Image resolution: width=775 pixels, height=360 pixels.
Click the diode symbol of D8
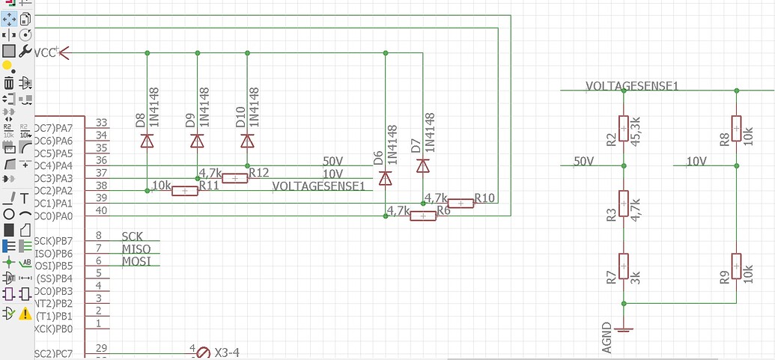(x=148, y=140)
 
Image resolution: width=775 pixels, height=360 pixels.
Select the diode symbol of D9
(x=197, y=140)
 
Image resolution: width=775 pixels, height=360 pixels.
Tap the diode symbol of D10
(x=247, y=140)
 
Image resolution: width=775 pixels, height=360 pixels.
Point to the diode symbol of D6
(x=386, y=177)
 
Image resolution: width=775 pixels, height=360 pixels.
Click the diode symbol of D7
(x=422, y=165)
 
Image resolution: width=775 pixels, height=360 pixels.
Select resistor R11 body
(x=185, y=191)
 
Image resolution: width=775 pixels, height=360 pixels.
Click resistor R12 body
(x=235, y=178)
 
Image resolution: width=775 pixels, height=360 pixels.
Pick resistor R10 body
(x=461, y=203)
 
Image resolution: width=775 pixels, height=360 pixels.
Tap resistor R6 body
(x=423, y=216)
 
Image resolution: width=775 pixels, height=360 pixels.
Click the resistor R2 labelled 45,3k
(x=623, y=128)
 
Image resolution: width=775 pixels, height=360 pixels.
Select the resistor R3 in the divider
(x=623, y=203)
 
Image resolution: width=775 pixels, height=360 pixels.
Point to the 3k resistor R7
(x=623, y=266)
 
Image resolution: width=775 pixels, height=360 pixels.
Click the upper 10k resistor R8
(x=737, y=128)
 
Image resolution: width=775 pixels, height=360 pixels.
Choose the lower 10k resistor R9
(x=737, y=266)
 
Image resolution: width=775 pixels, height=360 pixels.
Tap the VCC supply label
(x=46, y=52)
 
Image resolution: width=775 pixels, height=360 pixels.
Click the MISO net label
(x=136, y=248)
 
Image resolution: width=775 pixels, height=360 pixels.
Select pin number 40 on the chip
(x=102, y=211)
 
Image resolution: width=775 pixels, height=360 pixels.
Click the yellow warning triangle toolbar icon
(x=25, y=313)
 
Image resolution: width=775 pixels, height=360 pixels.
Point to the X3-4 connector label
(x=227, y=353)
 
